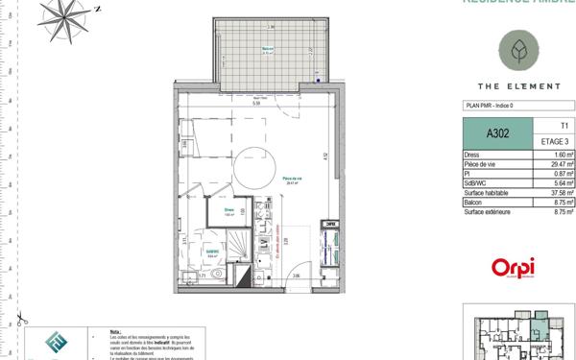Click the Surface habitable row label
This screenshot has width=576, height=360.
coord(485,192)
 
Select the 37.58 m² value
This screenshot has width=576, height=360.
coord(561,192)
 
